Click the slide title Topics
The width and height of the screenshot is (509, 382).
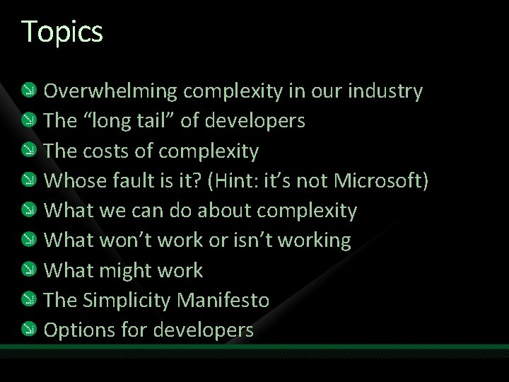pos(62,32)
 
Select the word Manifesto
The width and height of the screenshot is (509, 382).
pos(223,300)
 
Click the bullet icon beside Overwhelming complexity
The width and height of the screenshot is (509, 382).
pos(26,91)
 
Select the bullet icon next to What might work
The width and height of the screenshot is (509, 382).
pos(26,270)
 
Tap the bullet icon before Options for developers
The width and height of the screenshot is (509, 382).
pos(26,330)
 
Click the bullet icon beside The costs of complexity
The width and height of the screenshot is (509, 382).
pos(26,151)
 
